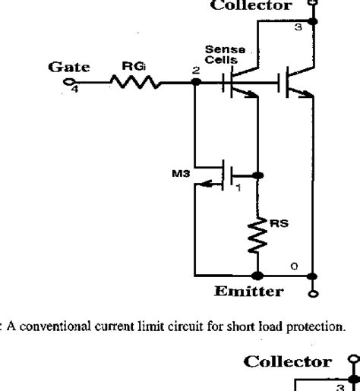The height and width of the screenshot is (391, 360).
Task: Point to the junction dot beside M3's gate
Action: pos(259,175)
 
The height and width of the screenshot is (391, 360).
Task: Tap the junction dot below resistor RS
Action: pos(259,274)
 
